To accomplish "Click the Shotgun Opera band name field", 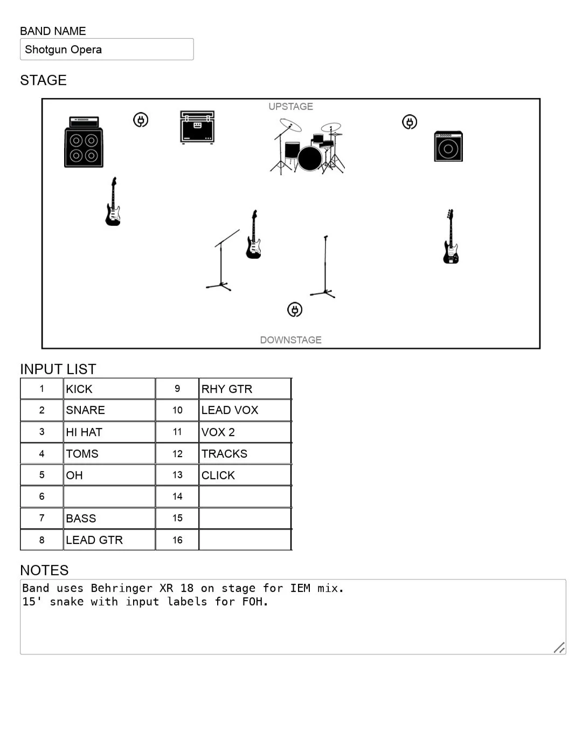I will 106,50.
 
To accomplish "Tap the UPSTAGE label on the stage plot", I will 290,107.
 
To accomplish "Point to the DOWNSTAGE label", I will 290,340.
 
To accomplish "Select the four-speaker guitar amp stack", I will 84,142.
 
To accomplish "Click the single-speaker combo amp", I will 448,146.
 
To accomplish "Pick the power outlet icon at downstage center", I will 294,309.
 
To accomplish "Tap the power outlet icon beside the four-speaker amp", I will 141,120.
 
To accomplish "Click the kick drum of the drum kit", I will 310,159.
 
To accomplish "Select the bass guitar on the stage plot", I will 451,238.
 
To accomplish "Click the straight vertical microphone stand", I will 324,267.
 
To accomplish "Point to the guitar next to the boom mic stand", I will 253,236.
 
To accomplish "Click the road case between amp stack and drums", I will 197,127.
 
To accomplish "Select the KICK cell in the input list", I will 109,389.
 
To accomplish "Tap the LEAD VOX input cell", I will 245,410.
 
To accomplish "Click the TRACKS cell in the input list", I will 245,453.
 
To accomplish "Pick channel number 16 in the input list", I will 177,540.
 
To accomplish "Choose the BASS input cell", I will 109,518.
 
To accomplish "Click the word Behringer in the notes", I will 121,588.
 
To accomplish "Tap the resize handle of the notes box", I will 559,648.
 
